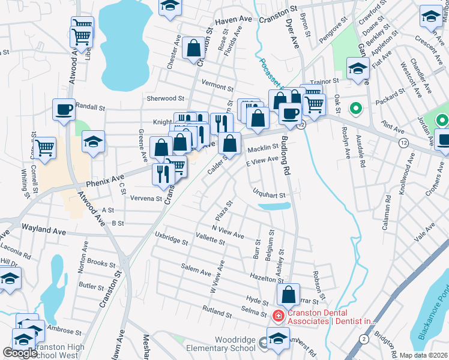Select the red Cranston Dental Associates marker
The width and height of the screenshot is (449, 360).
[x=278, y=315]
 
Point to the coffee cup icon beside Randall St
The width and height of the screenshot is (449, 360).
[x=64, y=110]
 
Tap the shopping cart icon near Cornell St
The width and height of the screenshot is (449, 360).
[x=45, y=148]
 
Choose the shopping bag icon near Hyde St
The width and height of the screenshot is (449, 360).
[x=288, y=295]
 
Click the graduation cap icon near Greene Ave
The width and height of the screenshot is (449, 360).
[x=93, y=142]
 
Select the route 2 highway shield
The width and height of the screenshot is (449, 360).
[x=363, y=339]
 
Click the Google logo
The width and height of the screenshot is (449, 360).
[x=20, y=353]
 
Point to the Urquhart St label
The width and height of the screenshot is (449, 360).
[x=268, y=195]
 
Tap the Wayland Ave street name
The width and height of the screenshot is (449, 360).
[x=43, y=229]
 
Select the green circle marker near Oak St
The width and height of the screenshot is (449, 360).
[x=355, y=109]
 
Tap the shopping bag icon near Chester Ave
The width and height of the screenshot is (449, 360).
[x=194, y=51]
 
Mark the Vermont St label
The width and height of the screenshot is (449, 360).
[x=217, y=87]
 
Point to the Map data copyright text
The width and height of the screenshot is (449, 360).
[x=423, y=355]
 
